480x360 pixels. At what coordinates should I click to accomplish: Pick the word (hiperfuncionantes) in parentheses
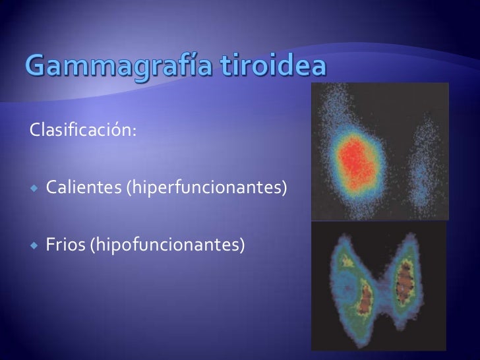tap(206, 189)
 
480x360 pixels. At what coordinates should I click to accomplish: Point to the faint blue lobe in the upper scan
tap(420, 171)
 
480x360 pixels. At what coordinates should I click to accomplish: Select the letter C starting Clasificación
tap(33, 130)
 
